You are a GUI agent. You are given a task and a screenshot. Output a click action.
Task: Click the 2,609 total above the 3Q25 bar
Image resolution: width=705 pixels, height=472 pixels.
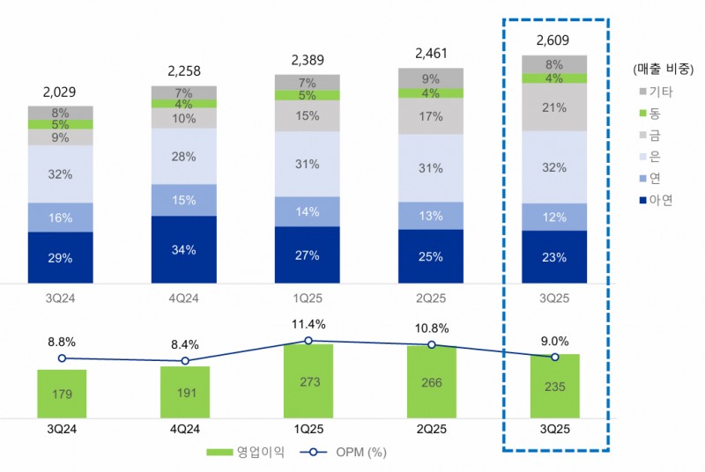(x=554, y=41)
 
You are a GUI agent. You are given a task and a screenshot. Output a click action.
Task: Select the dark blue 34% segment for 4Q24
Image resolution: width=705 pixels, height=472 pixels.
(x=184, y=249)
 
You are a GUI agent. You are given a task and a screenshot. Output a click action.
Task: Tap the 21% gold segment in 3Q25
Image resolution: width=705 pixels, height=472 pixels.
(x=554, y=107)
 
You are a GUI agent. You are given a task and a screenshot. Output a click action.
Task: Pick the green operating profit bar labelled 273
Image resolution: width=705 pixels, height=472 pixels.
(x=308, y=380)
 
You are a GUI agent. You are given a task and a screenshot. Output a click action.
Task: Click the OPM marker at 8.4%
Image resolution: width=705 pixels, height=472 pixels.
(x=185, y=361)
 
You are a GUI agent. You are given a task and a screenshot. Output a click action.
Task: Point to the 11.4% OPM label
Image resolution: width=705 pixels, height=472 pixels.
(x=308, y=323)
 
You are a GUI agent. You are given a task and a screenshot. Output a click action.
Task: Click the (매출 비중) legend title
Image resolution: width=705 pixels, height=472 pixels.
(x=668, y=69)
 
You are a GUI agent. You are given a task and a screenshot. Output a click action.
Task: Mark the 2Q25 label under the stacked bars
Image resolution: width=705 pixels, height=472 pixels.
(x=431, y=297)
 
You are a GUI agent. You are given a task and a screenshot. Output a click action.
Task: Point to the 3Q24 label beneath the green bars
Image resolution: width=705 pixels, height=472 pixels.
(x=62, y=429)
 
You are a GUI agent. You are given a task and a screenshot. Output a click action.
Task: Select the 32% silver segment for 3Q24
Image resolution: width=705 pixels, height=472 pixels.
(x=61, y=174)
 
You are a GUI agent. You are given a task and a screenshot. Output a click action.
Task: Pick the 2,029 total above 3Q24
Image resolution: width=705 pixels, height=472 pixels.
(x=61, y=92)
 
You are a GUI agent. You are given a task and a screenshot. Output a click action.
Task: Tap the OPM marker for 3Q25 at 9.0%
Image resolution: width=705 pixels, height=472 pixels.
(x=554, y=357)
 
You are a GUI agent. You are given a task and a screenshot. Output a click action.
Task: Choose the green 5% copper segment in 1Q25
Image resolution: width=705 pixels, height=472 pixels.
(x=308, y=95)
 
